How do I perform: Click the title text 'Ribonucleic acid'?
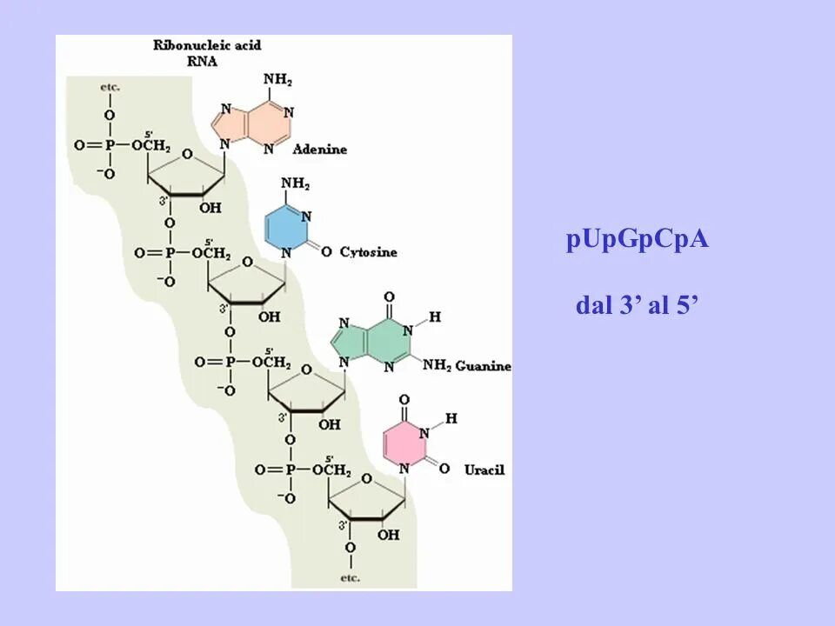(x=207, y=44)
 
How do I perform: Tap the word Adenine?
(x=319, y=150)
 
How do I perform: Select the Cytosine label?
(x=368, y=252)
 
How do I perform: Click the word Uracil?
(x=484, y=469)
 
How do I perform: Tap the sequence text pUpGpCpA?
(x=638, y=239)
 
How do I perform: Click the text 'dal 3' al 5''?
(x=638, y=306)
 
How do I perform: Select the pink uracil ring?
(x=404, y=446)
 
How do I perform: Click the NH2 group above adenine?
(x=277, y=80)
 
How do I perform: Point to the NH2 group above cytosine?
(x=296, y=184)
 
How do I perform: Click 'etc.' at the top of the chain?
(x=110, y=87)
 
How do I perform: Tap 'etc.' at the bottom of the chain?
(x=350, y=577)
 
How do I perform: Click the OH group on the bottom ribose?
(x=388, y=535)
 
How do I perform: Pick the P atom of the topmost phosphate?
(x=110, y=146)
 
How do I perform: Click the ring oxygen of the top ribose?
(x=187, y=156)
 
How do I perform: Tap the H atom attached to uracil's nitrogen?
(x=451, y=418)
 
